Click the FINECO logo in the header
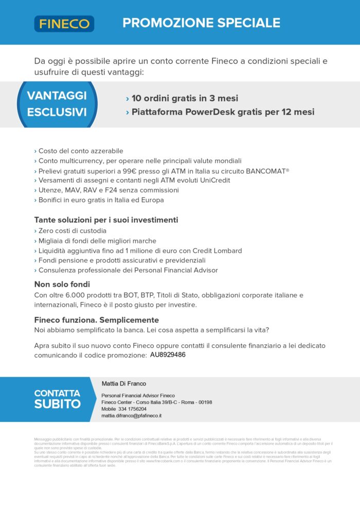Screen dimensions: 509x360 pyautogui.click(x=64, y=24)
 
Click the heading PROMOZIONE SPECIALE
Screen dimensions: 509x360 pyautogui.click(x=201, y=23)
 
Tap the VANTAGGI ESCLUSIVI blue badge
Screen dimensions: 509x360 pyautogui.click(x=57, y=103)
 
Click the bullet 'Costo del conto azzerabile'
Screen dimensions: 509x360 pyautogui.click(x=80, y=151)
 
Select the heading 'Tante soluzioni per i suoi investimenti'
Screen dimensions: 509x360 pyautogui.click(x=106, y=220)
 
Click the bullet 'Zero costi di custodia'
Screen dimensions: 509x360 pyautogui.click(x=72, y=231)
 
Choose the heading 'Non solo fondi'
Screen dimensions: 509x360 pyautogui.click(x=62, y=284)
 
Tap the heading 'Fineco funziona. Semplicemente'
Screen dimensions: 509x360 pyautogui.click(x=96, y=320)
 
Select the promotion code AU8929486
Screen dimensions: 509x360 pyautogui.click(x=168, y=355)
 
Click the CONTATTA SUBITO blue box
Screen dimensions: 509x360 pyautogui.click(x=57, y=399)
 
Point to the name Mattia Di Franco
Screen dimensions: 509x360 pyautogui.click(x=123, y=383)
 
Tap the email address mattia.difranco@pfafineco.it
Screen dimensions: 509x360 pyautogui.click(x=131, y=415)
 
